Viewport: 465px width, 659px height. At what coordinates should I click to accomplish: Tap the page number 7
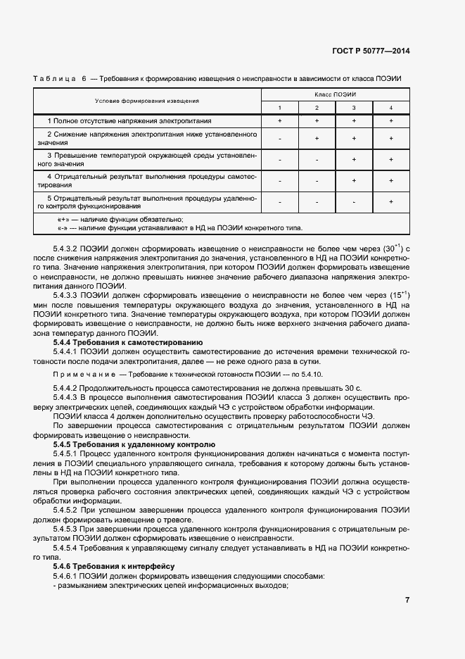[407, 600]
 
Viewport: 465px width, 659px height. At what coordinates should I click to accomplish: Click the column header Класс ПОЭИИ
[335, 94]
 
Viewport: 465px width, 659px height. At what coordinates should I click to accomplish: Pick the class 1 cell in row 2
[279, 139]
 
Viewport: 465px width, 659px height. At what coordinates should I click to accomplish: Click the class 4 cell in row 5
[390, 202]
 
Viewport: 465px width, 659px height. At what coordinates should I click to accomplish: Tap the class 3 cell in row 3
[353, 160]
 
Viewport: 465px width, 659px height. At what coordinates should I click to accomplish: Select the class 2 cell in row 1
[317, 121]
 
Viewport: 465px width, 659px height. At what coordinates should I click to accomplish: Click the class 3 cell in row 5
[353, 202]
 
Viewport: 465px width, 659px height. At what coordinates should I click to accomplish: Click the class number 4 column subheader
[390, 107]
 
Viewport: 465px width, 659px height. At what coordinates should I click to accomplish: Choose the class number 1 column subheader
[279, 107]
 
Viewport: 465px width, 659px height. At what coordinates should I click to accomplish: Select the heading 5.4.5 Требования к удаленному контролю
[129, 445]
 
